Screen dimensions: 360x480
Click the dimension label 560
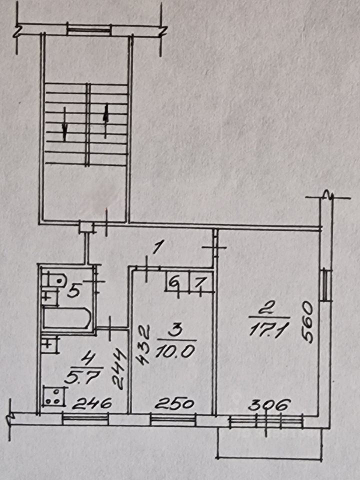pos(308,321)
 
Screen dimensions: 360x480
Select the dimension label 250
pos(175,404)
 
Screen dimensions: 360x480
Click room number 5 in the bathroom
pos(73,291)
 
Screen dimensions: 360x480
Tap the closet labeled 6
pos(174,283)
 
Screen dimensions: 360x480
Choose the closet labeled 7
pos(198,283)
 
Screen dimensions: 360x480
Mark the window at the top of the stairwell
pos(88,30)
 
